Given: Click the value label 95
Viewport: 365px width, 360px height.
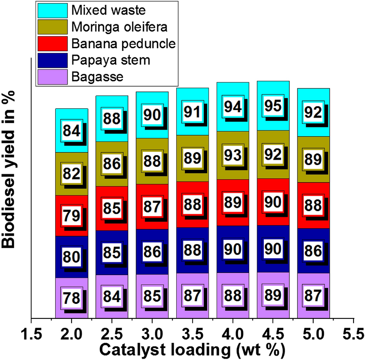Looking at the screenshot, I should [273, 107].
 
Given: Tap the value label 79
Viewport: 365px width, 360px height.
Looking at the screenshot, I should [72, 216].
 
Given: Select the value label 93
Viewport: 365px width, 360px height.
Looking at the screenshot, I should [232, 155].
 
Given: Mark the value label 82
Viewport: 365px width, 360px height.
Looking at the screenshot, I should [72, 174].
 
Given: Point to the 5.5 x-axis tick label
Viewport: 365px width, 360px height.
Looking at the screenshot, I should [353, 332].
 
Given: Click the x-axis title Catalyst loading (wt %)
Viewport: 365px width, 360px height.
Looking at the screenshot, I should [192, 349].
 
